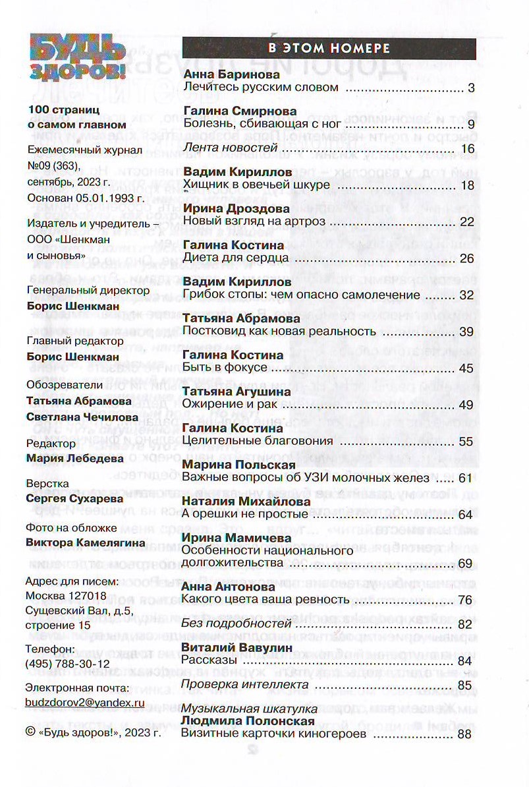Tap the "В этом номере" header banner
coord(329,48)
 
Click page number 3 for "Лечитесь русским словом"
coord(470,87)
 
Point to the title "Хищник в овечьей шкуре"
coord(256,185)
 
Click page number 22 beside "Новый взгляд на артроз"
coord(466,221)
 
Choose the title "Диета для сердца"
coord(233,258)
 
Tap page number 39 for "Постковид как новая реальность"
coord(466,332)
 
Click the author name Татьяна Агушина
coord(237,392)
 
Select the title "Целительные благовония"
coord(258,441)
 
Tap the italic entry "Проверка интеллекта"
coord(245,685)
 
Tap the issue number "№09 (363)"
coord(53,165)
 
